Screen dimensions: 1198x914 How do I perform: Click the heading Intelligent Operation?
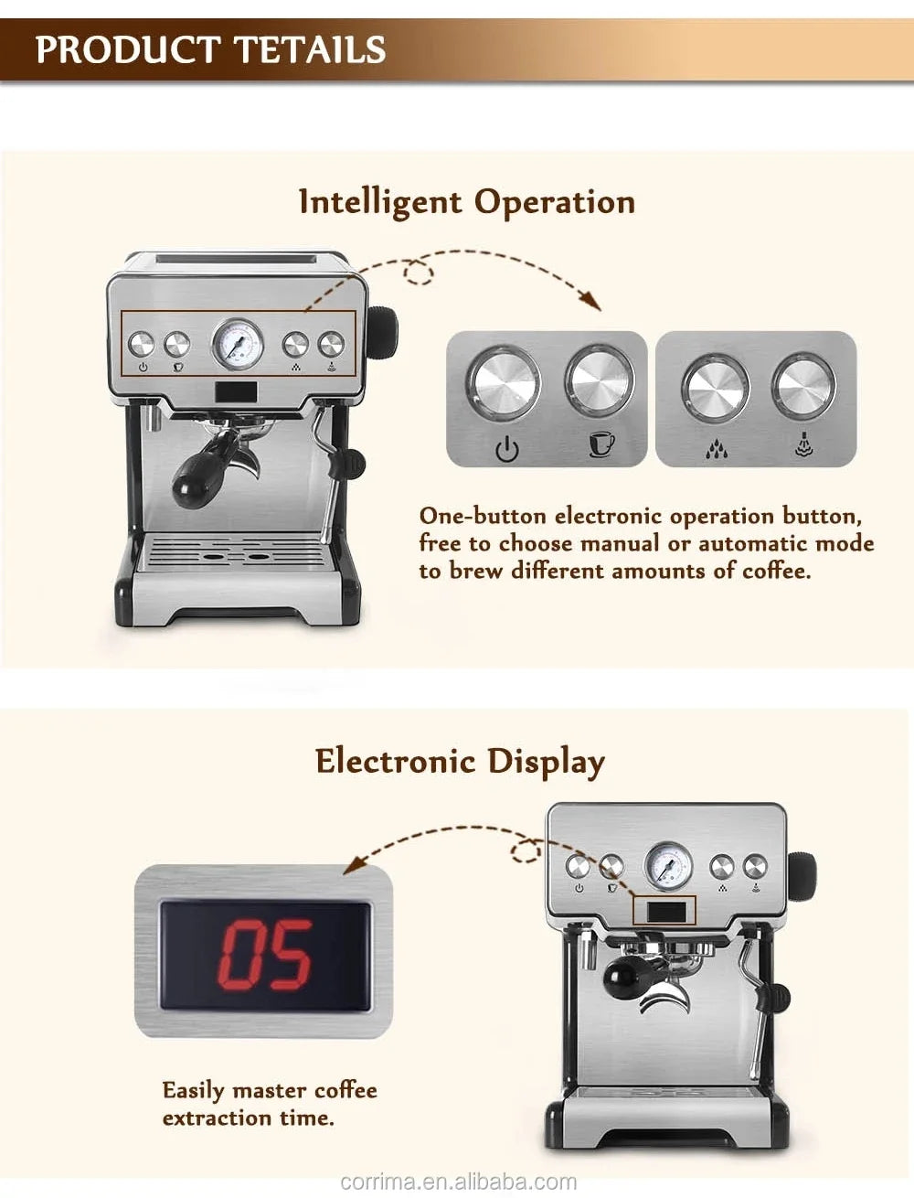pos(466,202)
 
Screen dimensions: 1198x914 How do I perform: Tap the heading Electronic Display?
pos(460,761)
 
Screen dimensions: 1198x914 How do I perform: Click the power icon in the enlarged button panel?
pos(507,449)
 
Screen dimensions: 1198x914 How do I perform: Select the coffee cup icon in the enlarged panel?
pos(600,444)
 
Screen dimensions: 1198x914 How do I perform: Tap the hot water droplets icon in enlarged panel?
pos(717,448)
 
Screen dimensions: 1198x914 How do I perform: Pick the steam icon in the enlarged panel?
pos(802,445)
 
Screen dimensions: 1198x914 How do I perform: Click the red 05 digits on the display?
pos(266,955)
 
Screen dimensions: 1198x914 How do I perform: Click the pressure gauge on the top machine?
pos(238,344)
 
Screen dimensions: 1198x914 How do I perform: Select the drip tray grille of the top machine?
pos(236,553)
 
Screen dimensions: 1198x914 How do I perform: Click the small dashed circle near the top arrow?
pos(419,272)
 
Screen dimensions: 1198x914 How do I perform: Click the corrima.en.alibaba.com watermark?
pos(458,1182)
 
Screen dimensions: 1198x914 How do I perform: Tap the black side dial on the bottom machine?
pos(801,872)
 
